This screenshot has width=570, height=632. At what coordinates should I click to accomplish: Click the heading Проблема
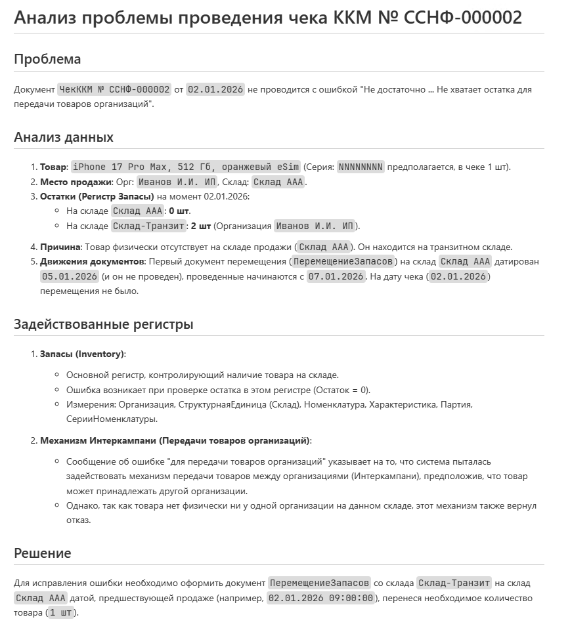47,59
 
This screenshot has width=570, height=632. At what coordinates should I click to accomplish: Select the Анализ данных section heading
64,137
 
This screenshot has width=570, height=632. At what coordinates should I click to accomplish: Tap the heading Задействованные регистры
104,324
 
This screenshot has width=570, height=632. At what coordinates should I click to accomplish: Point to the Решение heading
43,553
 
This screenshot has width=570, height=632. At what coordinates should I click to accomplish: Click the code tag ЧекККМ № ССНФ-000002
114,89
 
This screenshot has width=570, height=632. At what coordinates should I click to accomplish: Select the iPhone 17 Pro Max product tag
186,167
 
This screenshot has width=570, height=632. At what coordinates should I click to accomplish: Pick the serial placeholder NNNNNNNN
361,167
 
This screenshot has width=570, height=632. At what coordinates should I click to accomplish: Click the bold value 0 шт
179,211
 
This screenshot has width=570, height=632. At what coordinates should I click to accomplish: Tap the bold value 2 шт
201,226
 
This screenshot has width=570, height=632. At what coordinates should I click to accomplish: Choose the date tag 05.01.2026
70,276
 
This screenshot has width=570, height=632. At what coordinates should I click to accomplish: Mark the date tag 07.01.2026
336,276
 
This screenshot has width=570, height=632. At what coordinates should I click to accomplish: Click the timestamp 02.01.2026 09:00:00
321,598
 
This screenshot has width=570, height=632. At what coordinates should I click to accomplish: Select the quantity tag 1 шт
61,613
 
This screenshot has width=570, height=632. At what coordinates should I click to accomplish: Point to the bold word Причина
60,247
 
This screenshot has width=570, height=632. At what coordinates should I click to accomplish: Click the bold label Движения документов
90,262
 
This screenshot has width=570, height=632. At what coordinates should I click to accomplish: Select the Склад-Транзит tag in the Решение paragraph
454,583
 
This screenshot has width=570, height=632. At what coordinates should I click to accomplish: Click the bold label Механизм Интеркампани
98,440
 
